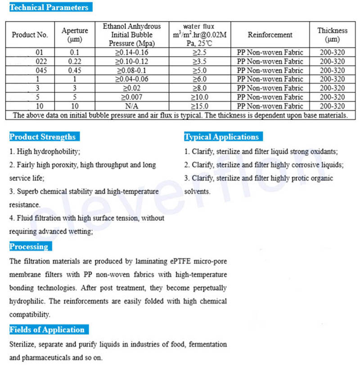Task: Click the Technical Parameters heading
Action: click(49, 7)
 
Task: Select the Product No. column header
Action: click(30, 35)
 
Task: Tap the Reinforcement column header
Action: click(270, 35)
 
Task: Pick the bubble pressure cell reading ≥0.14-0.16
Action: click(132, 52)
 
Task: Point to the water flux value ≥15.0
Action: click(201, 106)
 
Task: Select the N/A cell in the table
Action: click(131, 106)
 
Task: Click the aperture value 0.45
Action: click(74, 70)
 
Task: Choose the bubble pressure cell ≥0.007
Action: click(132, 97)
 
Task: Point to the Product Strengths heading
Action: click(42, 137)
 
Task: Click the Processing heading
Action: click(29, 247)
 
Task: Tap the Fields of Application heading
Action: click(47, 330)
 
